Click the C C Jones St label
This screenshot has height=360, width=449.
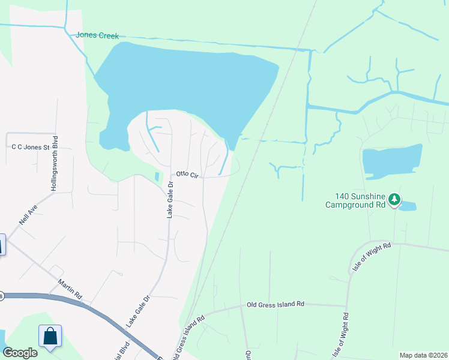click(31, 146)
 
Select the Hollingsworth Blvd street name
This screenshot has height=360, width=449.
click(54, 167)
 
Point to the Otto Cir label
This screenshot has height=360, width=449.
click(187, 174)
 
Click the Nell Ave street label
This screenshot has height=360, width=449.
click(27, 213)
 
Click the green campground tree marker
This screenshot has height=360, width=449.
click(394, 199)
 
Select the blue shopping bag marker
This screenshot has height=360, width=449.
click(50, 336)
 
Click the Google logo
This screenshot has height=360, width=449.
click(20, 353)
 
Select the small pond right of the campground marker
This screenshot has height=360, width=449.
click(408, 206)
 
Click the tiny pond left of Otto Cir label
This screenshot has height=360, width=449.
click(157, 176)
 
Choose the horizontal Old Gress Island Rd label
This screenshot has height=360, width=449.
click(276, 305)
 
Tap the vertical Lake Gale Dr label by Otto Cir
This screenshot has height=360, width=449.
click(170, 200)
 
